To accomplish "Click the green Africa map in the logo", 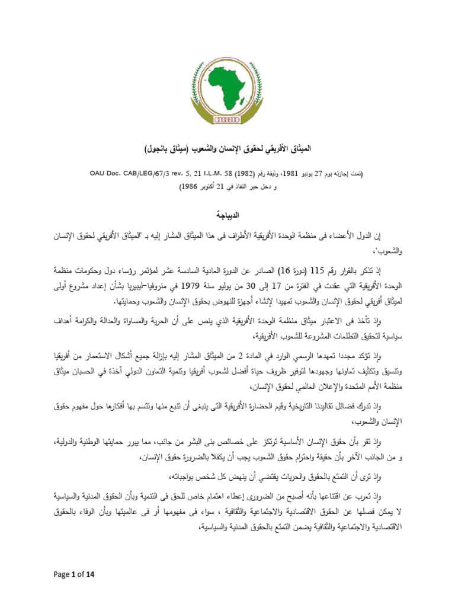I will point(229,89).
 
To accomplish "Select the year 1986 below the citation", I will point(195,186).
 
